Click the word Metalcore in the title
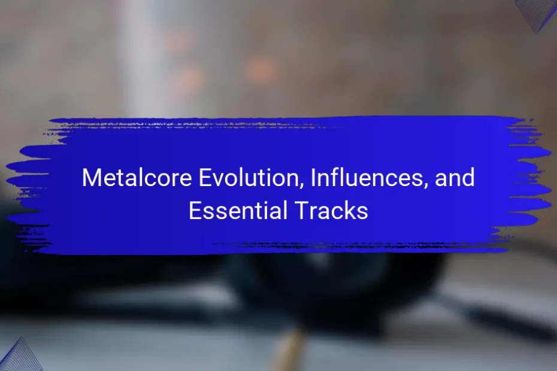pos(137,178)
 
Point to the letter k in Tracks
pos(346,210)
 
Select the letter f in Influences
pos(335,177)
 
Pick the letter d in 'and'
pos(468,178)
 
